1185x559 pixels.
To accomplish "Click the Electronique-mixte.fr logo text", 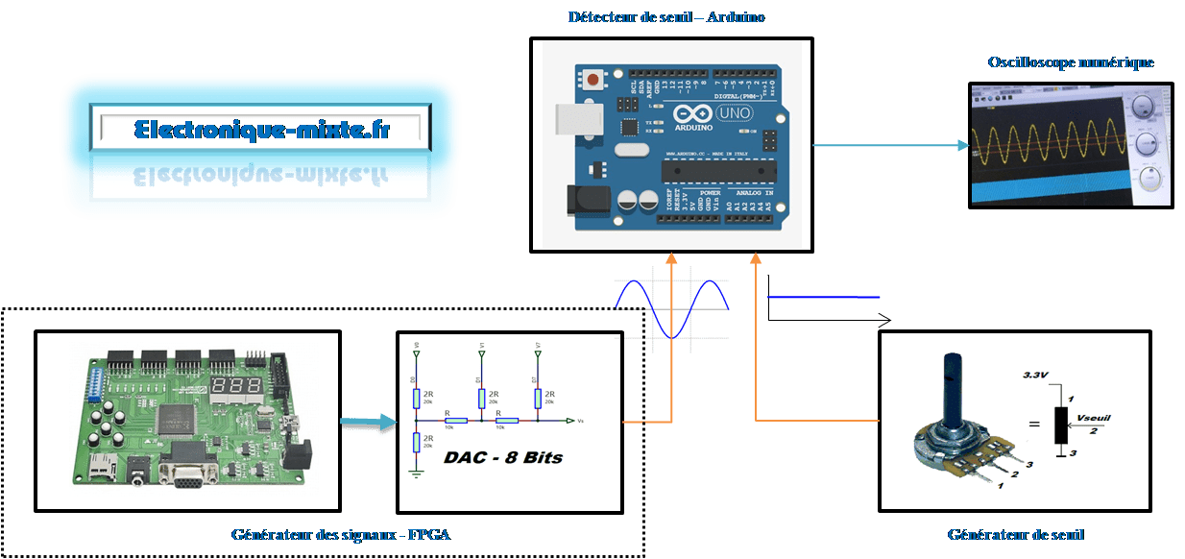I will click(261, 129).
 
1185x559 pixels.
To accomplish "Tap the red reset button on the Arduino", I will click(594, 79).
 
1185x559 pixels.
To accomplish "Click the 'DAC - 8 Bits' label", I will click(502, 458).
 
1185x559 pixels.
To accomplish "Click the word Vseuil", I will click(1095, 420).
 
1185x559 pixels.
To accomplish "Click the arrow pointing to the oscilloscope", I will click(891, 146).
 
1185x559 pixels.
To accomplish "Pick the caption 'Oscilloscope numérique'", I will click(1071, 62).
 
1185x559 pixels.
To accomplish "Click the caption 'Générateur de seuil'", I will click(1016, 534).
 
